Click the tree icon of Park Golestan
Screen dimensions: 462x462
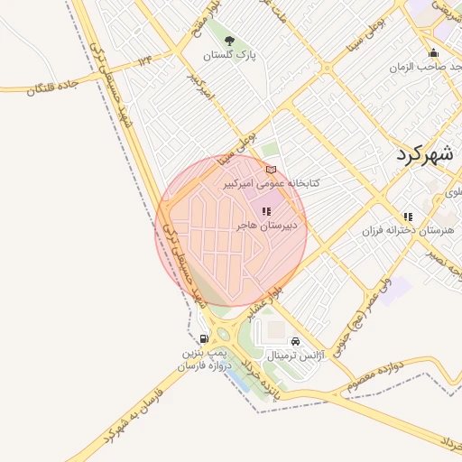(x=229, y=41)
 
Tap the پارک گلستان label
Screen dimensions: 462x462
(x=229, y=56)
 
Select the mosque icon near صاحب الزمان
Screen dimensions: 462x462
(x=433, y=52)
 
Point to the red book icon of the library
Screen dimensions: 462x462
(x=271, y=169)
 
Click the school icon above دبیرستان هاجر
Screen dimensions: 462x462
(x=265, y=212)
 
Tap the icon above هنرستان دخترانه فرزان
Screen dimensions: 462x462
(x=408, y=217)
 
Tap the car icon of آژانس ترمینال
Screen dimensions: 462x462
(x=296, y=341)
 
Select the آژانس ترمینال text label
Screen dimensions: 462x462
(x=295, y=356)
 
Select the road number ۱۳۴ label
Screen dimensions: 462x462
(x=145, y=60)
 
